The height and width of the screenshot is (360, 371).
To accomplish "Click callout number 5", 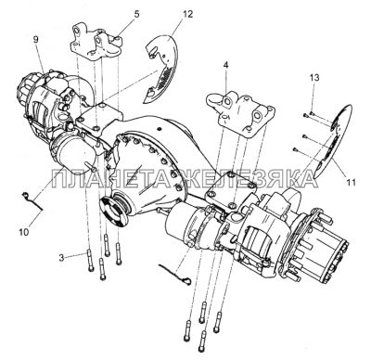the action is point(136,14).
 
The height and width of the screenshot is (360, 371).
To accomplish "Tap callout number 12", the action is point(187,14).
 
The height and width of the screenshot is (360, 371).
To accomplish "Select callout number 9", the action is point(36,40).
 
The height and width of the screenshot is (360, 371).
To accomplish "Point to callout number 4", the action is point(226,65).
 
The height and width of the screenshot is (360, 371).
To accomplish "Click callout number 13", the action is point(314,78).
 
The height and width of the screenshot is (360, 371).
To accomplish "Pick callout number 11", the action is point(351,183).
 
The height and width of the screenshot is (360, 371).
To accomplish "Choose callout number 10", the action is point(24,231).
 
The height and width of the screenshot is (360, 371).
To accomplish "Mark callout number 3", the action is point(62,257).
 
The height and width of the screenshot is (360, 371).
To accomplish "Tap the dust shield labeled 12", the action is point(163,70).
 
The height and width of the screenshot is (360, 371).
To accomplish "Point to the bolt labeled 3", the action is point(90,261).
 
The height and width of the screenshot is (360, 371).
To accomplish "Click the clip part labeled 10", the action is point(32,201).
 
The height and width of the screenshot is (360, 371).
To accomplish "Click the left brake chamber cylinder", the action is point(70,150).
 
